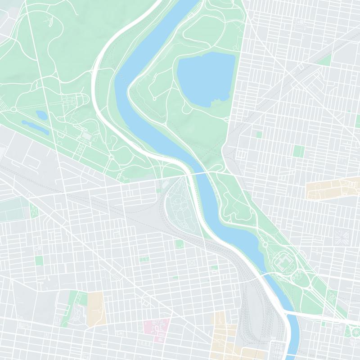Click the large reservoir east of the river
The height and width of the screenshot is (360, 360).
coord(206,79)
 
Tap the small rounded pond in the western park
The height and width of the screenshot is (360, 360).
coord(41,115)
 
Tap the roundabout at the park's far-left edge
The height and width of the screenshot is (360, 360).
coord(13,109)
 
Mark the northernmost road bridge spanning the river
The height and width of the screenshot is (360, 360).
coord(200,173)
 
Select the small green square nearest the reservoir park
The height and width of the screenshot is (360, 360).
coord(259,134)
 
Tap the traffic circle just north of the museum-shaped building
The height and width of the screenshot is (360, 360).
coord(265,244)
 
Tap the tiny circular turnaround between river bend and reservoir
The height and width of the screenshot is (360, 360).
coord(154,99)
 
